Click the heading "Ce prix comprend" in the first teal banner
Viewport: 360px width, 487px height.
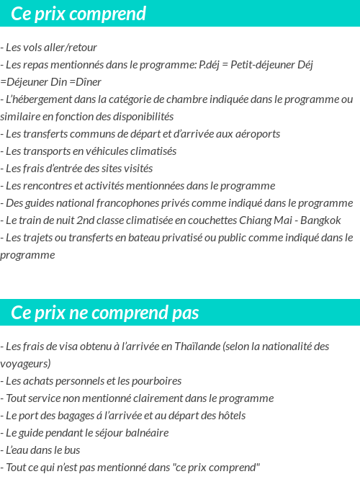pos(78,14)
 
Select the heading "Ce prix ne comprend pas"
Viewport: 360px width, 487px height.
pos(105,313)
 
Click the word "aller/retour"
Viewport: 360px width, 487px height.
pos(70,48)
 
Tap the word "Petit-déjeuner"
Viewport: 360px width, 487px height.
pos(265,65)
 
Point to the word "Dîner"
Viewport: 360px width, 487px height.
pos(86,82)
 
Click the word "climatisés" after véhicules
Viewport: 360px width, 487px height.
pos(151,151)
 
